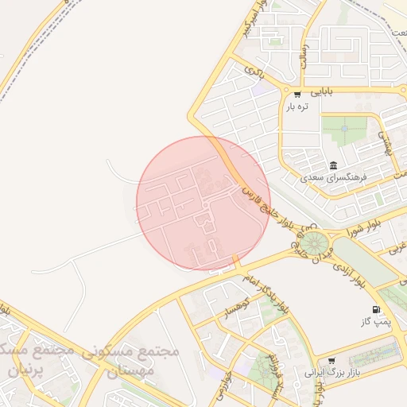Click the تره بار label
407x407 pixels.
pyautogui.click(x=297, y=107)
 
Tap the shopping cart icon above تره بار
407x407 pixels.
pyautogui.click(x=297, y=95)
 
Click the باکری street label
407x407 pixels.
pyautogui.click(x=254, y=72)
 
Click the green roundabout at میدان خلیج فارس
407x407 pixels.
pyautogui.click(x=313, y=241)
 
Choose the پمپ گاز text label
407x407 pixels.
pyautogui.click(x=373, y=322)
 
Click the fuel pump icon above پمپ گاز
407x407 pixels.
pyautogui.click(x=374, y=308)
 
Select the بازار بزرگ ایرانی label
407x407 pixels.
pyautogui.click(x=333, y=372)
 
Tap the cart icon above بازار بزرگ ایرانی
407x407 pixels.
pyautogui.click(x=331, y=359)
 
